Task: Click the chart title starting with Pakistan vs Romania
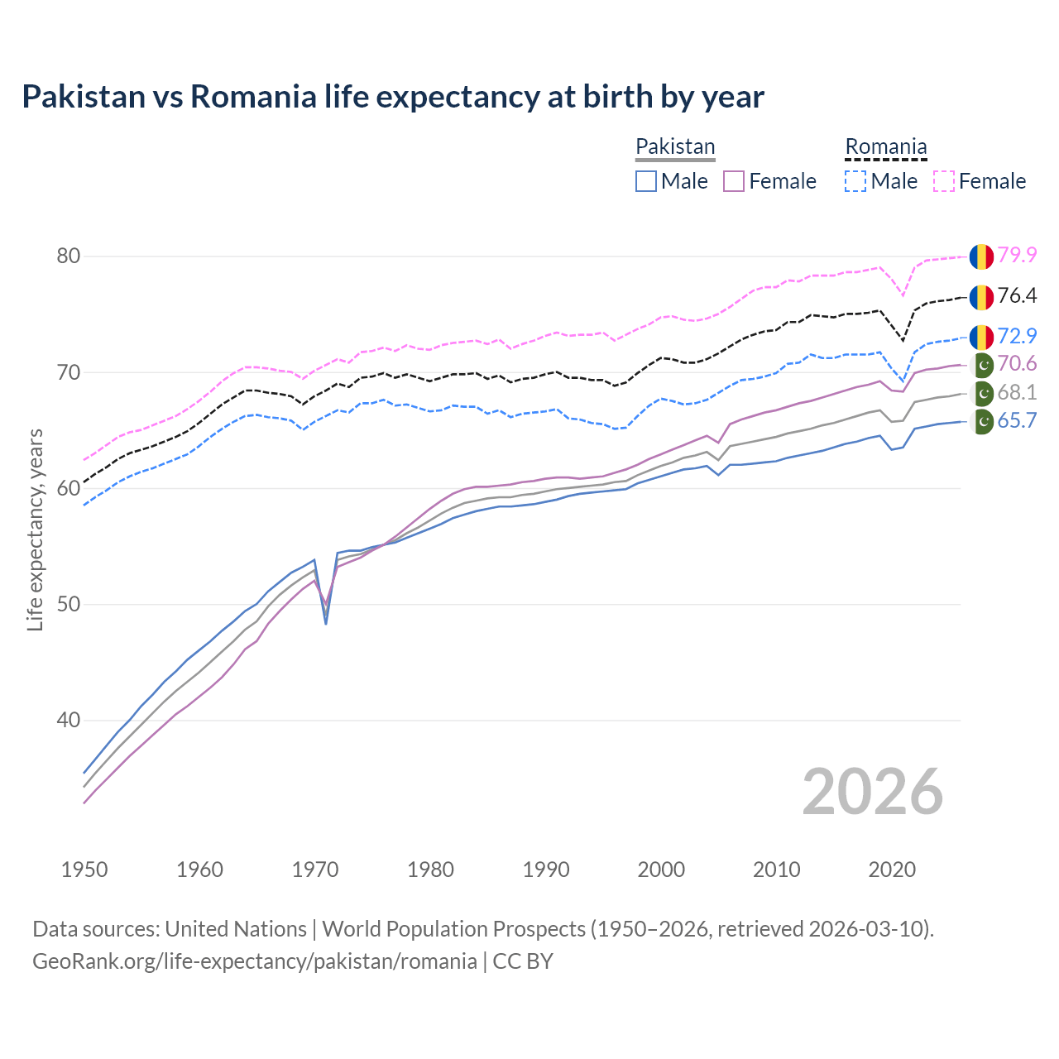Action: click(393, 97)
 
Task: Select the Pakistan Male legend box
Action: click(646, 181)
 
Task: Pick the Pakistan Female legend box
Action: click(734, 181)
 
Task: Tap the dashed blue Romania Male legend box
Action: click(855, 181)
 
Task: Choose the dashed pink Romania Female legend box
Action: click(944, 181)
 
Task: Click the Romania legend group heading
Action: click(885, 147)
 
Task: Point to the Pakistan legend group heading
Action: click(675, 147)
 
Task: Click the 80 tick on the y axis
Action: click(68, 256)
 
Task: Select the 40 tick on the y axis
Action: click(68, 720)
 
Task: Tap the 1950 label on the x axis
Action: click(84, 870)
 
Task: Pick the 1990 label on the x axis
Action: click(546, 870)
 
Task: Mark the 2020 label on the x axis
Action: click(892, 870)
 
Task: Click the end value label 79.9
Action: click(1017, 255)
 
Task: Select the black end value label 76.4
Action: click(1017, 295)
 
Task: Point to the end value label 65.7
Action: click(1017, 420)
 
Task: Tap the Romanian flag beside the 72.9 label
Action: click(981, 337)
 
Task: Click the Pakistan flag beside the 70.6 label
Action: click(982, 364)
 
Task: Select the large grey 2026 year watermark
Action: click(873, 792)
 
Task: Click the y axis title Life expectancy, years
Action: click(35, 529)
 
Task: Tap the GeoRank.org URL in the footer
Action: click(254, 961)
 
